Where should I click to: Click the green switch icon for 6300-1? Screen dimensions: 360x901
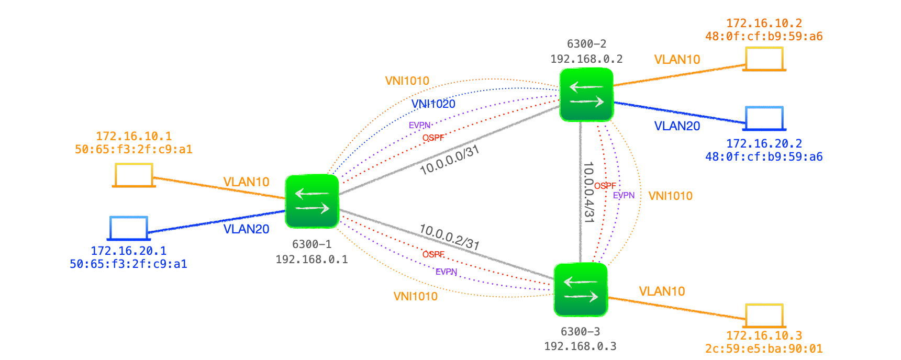[312, 201]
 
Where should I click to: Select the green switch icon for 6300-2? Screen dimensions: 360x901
[586, 94]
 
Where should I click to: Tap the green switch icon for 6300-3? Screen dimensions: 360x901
[581, 289]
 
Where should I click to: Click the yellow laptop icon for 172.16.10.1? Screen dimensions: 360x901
[134, 175]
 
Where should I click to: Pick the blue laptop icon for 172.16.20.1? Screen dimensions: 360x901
[129, 228]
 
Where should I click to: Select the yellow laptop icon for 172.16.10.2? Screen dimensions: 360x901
[765, 59]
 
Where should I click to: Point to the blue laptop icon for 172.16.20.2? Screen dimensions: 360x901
[765, 118]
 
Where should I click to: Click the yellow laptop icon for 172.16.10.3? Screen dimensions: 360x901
[764, 316]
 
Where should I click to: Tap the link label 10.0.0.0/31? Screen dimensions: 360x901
[450, 160]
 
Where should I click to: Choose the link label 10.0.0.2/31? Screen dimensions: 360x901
[449, 237]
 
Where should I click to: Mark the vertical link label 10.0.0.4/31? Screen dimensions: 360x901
[589, 192]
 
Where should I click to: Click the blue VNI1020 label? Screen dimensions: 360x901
[433, 104]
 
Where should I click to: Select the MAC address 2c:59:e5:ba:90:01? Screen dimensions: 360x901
[764, 348]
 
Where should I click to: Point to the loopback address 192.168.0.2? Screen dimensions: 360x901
[586, 59]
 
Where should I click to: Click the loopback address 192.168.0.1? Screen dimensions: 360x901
[312, 260]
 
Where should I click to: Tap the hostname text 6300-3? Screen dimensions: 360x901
[580, 332]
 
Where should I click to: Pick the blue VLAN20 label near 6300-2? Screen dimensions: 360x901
[677, 126]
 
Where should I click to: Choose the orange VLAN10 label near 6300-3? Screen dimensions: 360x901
[662, 291]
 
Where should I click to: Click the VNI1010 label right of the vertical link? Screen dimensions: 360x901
[670, 196]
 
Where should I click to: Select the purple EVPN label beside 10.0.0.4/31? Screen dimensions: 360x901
[624, 195]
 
